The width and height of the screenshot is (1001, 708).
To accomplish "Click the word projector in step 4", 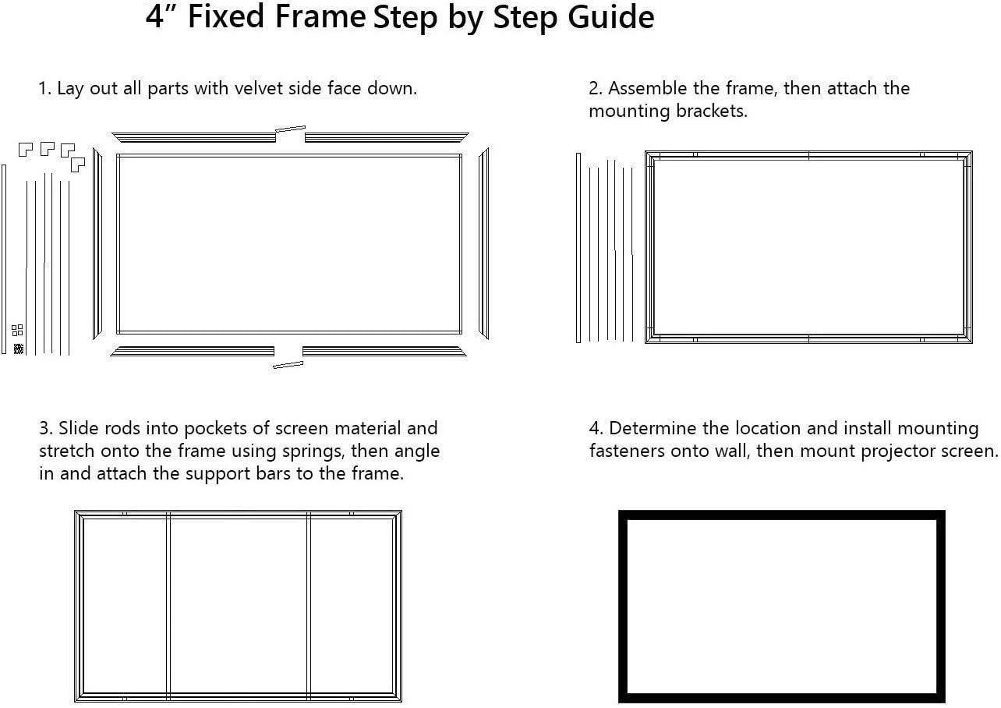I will [x=897, y=451].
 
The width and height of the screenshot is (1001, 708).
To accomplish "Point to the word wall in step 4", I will [x=730, y=451].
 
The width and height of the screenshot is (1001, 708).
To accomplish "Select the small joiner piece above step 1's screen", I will [x=290, y=129].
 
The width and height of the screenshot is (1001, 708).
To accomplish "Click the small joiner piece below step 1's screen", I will [x=288, y=364].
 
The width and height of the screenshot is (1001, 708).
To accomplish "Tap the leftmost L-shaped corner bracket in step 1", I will [x=25, y=149].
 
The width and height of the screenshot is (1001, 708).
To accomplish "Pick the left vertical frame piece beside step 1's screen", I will [x=97, y=243].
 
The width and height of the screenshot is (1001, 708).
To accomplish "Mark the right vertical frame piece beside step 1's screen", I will [x=483, y=243].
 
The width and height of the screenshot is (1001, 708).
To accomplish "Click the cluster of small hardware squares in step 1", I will [x=18, y=339].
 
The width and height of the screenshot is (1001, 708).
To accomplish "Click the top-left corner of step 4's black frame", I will [x=624, y=515].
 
